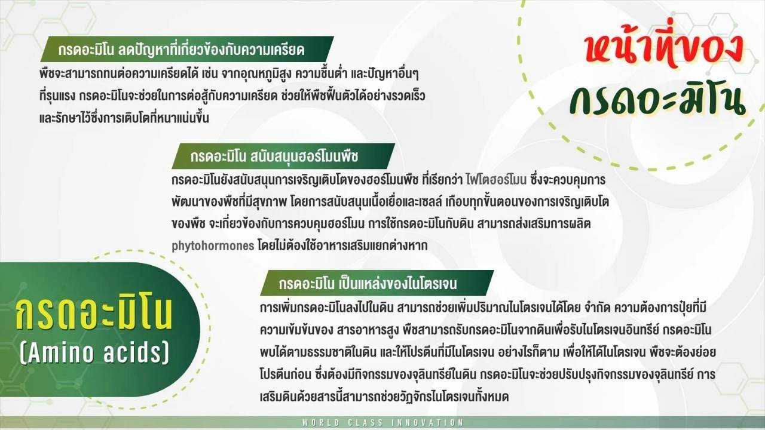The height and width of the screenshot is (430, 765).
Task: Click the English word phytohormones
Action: pyautogui.click(x=213, y=246)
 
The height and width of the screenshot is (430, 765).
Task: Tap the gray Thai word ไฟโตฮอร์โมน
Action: pyautogui.click(x=496, y=180)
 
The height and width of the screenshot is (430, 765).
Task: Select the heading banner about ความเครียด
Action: pyautogui.click(x=187, y=49)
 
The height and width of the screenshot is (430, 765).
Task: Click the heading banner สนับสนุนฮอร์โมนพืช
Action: pyautogui.click(x=283, y=156)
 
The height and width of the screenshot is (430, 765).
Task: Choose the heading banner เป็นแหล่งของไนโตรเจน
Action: pyautogui.click(x=377, y=283)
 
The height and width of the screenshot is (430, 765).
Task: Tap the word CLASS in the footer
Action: pyautogui.click(x=365, y=422)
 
